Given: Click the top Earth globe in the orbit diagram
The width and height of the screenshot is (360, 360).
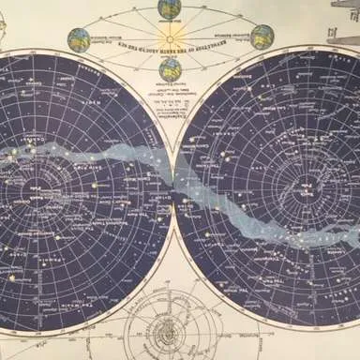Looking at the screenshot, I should click(170, 8).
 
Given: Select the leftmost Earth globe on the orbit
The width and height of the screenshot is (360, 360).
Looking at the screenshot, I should click(79, 40).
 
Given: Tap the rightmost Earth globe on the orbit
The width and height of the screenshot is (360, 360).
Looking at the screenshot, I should click(262, 37).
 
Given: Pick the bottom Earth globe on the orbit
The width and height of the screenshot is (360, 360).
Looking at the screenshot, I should click(172, 68).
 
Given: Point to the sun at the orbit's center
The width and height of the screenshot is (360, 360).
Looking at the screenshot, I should click(171, 37).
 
